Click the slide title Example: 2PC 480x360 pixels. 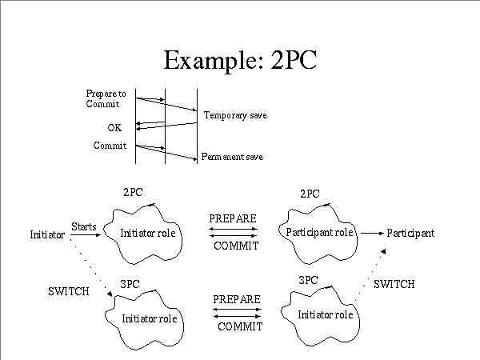pyautogui.click(x=240, y=61)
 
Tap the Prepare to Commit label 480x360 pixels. pyautogui.click(x=106, y=99)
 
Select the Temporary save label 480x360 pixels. pyautogui.click(x=234, y=116)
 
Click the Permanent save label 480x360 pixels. pyautogui.click(x=231, y=157)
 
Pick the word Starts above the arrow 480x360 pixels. pyautogui.click(x=83, y=226)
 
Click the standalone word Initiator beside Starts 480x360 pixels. pyautogui.click(x=46, y=235)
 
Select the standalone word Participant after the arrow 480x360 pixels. pyautogui.click(x=410, y=233)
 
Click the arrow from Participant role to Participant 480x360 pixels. pyautogui.click(x=371, y=233)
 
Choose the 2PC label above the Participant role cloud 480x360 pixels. pyautogui.click(x=310, y=194)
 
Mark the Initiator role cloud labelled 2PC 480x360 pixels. pyautogui.click(x=148, y=233)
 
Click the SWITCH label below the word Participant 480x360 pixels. pyautogui.click(x=394, y=284)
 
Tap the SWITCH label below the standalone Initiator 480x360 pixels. pyautogui.click(x=69, y=291)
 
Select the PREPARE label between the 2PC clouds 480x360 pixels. pyautogui.click(x=234, y=218)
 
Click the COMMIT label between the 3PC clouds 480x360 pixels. pyautogui.click(x=240, y=326)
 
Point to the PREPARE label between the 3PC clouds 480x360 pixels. pyautogui.click(x=237, y=299)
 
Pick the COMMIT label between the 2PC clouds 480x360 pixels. pyautogui.click(x=236, y=246)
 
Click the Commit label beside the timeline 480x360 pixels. pyautogui.click(x=110, y=146)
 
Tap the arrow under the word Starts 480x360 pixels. pyautogui.click(x=83, y=235)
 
